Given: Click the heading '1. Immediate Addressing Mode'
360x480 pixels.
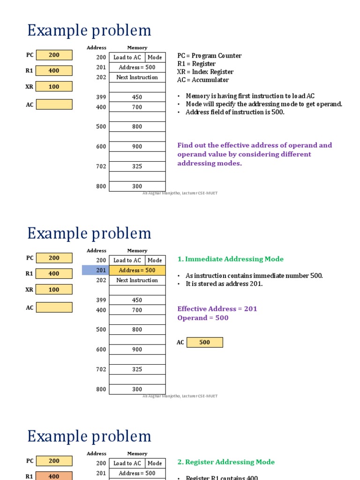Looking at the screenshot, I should [230, 259].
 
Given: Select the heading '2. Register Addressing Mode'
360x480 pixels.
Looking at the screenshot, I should [226, 462].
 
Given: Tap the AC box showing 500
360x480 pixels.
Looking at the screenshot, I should [205, 343].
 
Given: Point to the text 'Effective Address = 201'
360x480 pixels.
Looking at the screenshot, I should [217, 309].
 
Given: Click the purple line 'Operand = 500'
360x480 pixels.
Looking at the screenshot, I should [203, 318].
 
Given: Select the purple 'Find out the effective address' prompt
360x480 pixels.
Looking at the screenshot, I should [255, 154].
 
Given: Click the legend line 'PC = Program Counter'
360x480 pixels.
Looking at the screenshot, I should [210, 56].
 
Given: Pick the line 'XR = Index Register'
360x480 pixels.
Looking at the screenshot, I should [205, 72].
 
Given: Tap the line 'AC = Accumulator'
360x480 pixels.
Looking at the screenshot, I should [203, 80].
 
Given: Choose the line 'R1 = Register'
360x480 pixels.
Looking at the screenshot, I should [196, 64].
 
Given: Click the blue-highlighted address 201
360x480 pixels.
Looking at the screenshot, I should [101, 270].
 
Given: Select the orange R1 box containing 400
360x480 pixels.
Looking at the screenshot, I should [54, 476].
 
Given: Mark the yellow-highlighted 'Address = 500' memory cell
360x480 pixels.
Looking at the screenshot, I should [137, 270].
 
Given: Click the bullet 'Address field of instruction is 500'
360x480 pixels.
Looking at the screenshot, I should [235, 112].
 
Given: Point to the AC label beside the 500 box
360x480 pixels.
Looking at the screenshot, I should [180, 343].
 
